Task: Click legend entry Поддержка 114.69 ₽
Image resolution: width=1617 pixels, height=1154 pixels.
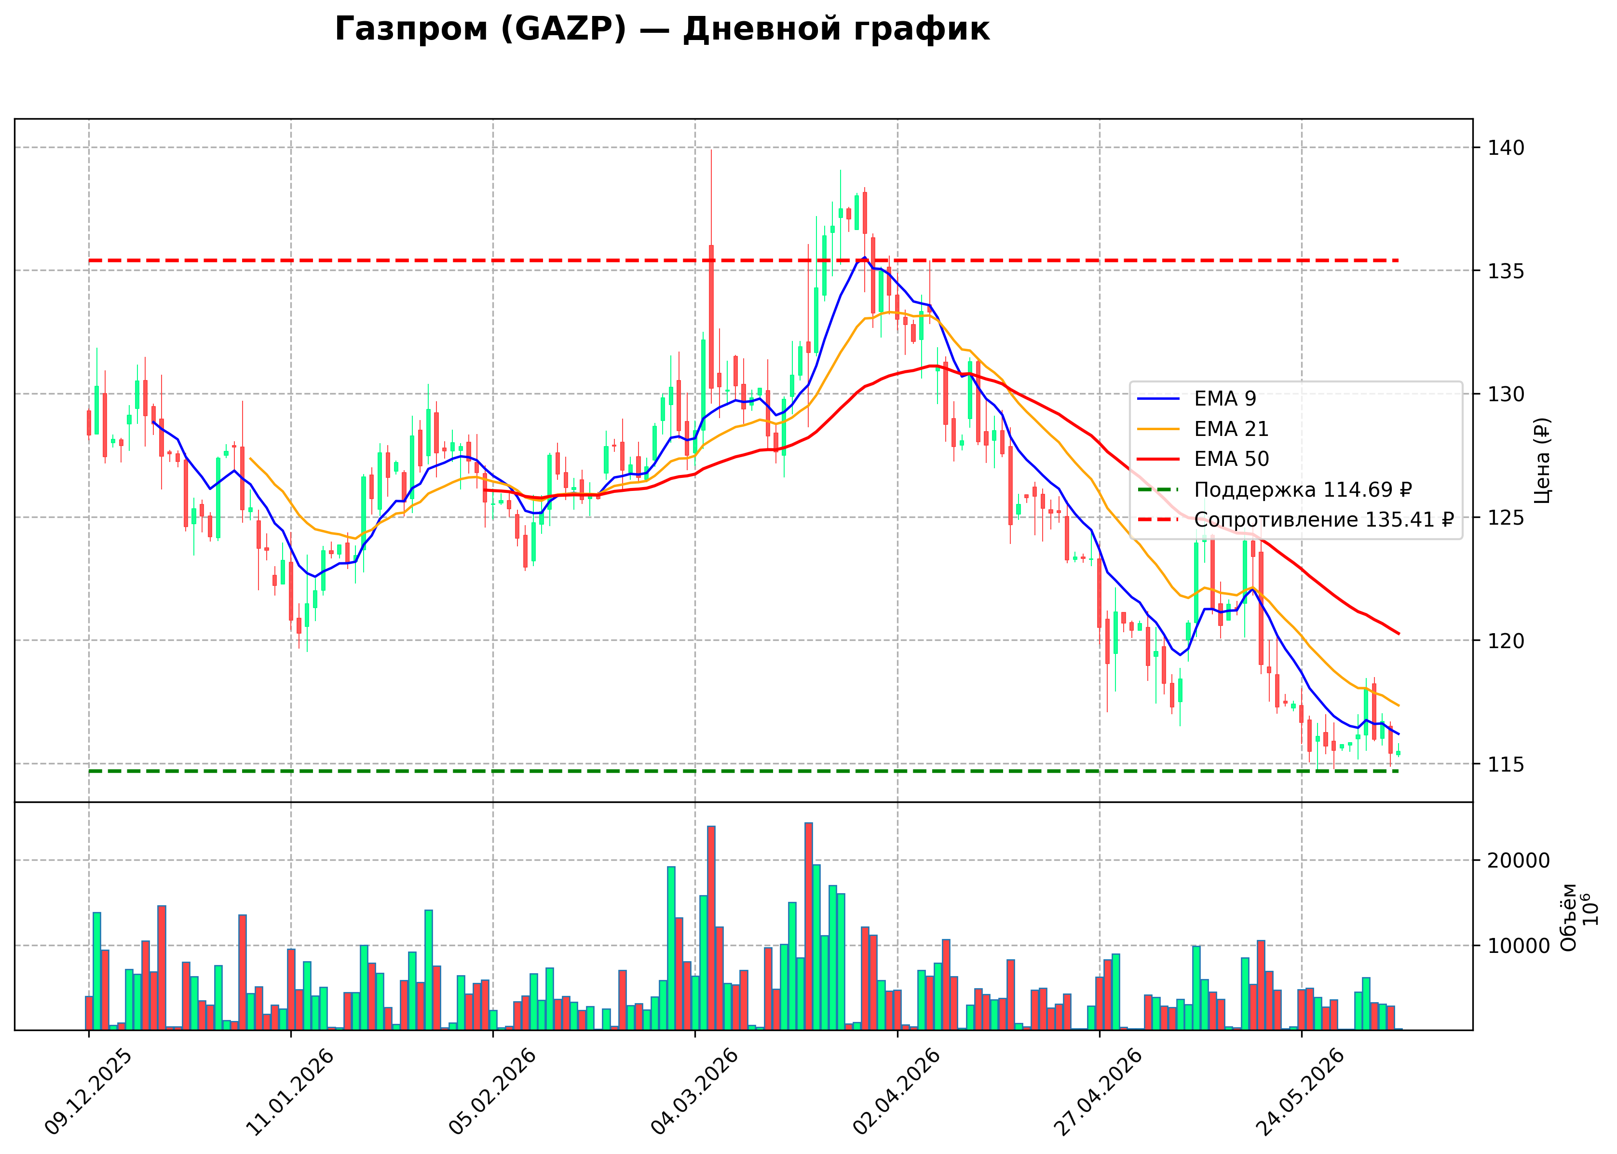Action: [1275, 489]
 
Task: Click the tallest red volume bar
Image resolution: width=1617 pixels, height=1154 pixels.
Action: [808, 926]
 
